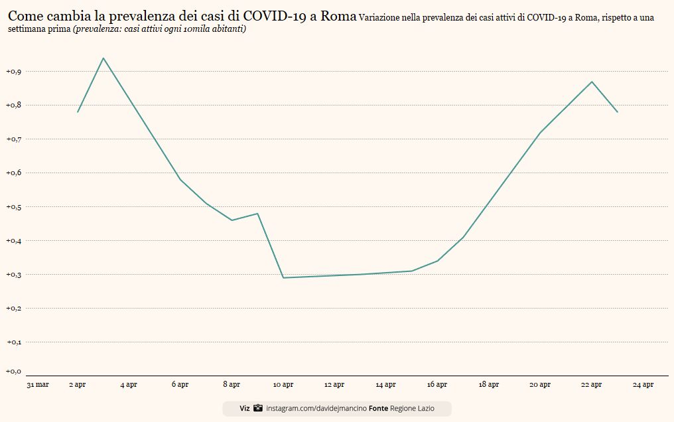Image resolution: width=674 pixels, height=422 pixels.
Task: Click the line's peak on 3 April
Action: pyautogui.click(x=103, y=58)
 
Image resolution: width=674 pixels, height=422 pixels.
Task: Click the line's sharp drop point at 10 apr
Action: pyautogui.click(x=283, y=277)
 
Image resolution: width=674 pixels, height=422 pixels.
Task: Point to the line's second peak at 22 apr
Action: pyautogui.click(x=592, y=82)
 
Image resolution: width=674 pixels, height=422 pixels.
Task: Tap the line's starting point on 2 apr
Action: pyautogui.click(x=78, y=111)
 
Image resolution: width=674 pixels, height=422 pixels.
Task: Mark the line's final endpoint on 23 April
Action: pyautogui.click(x=618, y=111)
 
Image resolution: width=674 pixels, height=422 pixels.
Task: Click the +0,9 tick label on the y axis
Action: pyautogui.click(x=13, y=71)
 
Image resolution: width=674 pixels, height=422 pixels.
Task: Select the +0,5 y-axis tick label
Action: pyautogui.click(x=13, y=206)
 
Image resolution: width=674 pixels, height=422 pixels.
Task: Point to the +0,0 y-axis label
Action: pyautogui.click(x=13, y=371)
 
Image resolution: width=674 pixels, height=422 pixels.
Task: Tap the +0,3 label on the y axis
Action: pyautogui.click(x=13, y=274)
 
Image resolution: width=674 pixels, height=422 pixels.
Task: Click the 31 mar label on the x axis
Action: pyautogui.click(x=38, y=384)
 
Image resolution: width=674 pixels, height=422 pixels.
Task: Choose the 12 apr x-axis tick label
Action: pyautogui.click(x=334, y=384)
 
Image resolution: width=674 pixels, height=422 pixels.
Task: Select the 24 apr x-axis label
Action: pyautogui.click(x=643, y=384)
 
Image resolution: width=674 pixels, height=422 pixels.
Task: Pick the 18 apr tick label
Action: pyautogui.click(x=489, y=384)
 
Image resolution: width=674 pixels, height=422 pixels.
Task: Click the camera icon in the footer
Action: pyautogui.click(x=258, y=409)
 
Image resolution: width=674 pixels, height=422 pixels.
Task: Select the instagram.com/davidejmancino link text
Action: pyautogui.click(x=316, y=409)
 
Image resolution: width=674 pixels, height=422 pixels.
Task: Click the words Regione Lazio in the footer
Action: pyautogui.click(x=412, y=409)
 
